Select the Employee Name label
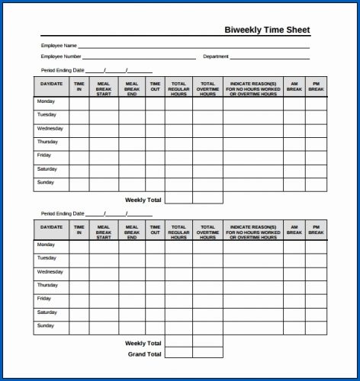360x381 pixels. pos(58,46)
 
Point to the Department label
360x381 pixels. pos(216,56)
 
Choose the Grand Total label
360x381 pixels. pos(144,354)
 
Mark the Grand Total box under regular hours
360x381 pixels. pos(178,354)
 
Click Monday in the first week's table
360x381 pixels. pos(46,101)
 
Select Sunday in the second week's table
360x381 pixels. pos(46,325)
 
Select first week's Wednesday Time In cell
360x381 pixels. pos(79,130)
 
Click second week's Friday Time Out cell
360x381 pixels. pos(155,299)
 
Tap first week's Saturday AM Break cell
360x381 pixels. pos(294,171)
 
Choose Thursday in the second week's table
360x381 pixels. pos(47,285)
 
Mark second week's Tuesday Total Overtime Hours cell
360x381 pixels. pos(207,259)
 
